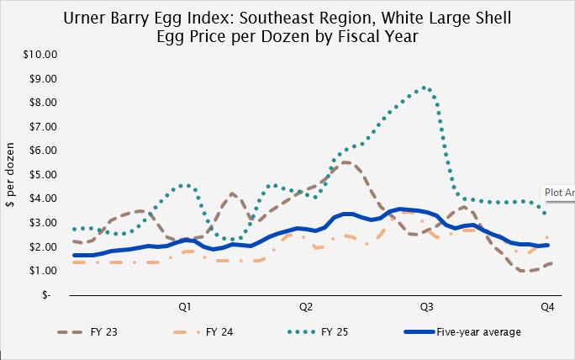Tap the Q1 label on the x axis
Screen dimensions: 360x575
point(185,306)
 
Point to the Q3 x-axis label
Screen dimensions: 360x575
point(426,306)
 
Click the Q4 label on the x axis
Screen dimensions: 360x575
point(546,306)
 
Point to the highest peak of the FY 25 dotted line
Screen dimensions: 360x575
point(425,87)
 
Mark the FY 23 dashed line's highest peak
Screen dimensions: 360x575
point(346,162)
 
